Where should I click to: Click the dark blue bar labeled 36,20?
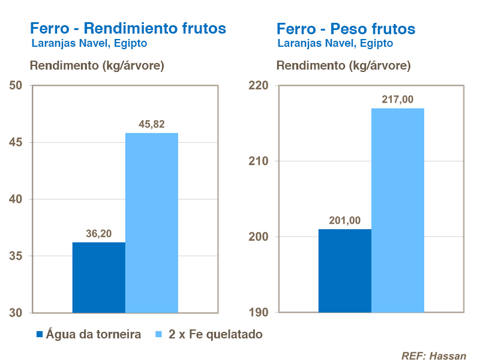click(x=98, y=277)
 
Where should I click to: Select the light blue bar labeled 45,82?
click(x=151, y=223)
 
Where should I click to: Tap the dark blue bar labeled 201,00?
click(x=344, y=271)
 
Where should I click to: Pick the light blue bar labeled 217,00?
click(x=397, y=210)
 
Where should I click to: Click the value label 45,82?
click(x=151, y=124)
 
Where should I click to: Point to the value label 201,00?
click(x=345, y=220)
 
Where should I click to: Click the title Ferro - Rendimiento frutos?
click(x=128, y=28)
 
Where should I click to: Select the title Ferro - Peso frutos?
click(x=346, y=28)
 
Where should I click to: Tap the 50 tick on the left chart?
click(x=16, y=86)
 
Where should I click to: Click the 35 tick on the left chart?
click(x=16, y=256)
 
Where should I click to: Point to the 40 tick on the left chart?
click(x=16, y=199)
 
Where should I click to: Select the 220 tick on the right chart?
click(x=259, y=86)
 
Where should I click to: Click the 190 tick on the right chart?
click(x=259, y=313)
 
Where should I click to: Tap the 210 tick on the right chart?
click(x=259, y=161)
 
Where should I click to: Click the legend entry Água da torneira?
click(x=93, y=335)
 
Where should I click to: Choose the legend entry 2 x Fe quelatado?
click(x=215, y=335)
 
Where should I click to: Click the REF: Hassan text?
click(x=433, y=355)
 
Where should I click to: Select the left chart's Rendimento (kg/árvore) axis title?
click(x=97, y=65)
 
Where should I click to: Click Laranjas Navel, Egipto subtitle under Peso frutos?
click(x=335, y=43)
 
